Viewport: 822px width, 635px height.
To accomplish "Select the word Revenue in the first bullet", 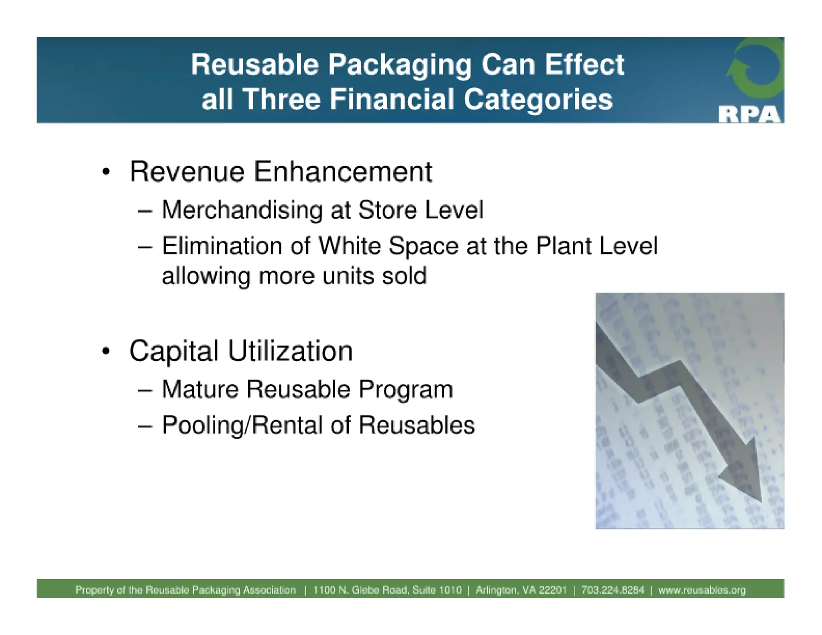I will (187, 172).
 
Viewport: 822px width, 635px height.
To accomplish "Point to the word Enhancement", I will (343, 172).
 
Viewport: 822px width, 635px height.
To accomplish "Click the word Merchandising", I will (242, 210).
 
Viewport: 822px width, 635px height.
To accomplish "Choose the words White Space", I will (388, 246).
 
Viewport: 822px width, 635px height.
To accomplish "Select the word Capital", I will (173, 351).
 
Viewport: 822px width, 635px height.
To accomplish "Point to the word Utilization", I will (290, 351).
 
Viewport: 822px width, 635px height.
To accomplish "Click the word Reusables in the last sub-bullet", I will (417, 425).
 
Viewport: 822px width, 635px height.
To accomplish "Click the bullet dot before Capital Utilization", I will (106, 351).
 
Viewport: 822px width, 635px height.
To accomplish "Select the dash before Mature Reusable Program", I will (145, 390).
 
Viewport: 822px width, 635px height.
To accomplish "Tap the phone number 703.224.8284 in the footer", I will (612, 590).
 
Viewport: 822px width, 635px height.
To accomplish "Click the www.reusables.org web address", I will (702, 590).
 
